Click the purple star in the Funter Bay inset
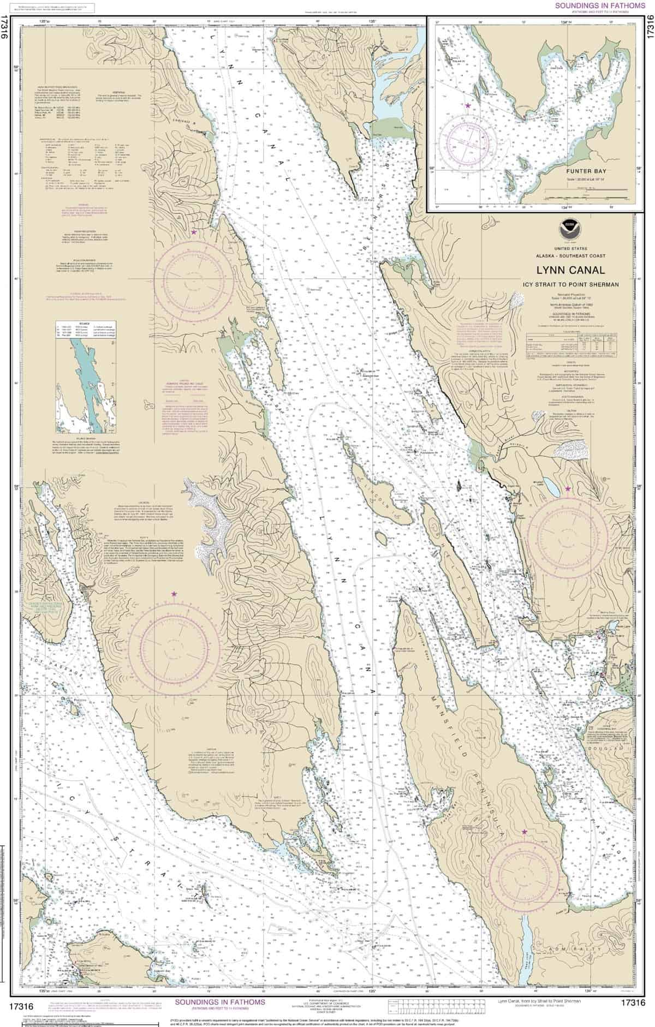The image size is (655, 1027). pyautogui.click(x=467, y=104)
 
